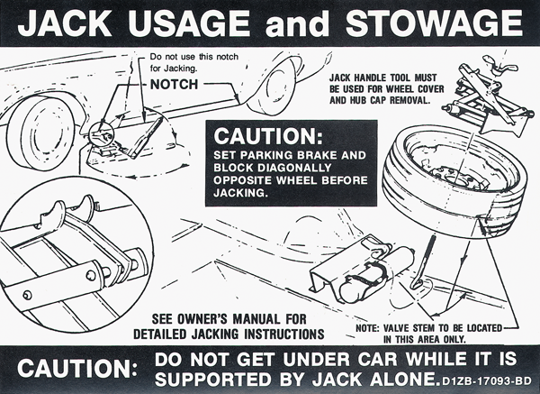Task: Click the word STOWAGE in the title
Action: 434,23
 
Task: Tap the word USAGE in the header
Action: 189,23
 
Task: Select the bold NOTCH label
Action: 175,84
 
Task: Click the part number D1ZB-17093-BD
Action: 487,381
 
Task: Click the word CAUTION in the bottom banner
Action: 77,369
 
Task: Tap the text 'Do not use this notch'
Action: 194,57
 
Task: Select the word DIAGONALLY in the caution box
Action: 294,168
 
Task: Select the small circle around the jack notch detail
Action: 101,135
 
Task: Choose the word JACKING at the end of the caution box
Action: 240,193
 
